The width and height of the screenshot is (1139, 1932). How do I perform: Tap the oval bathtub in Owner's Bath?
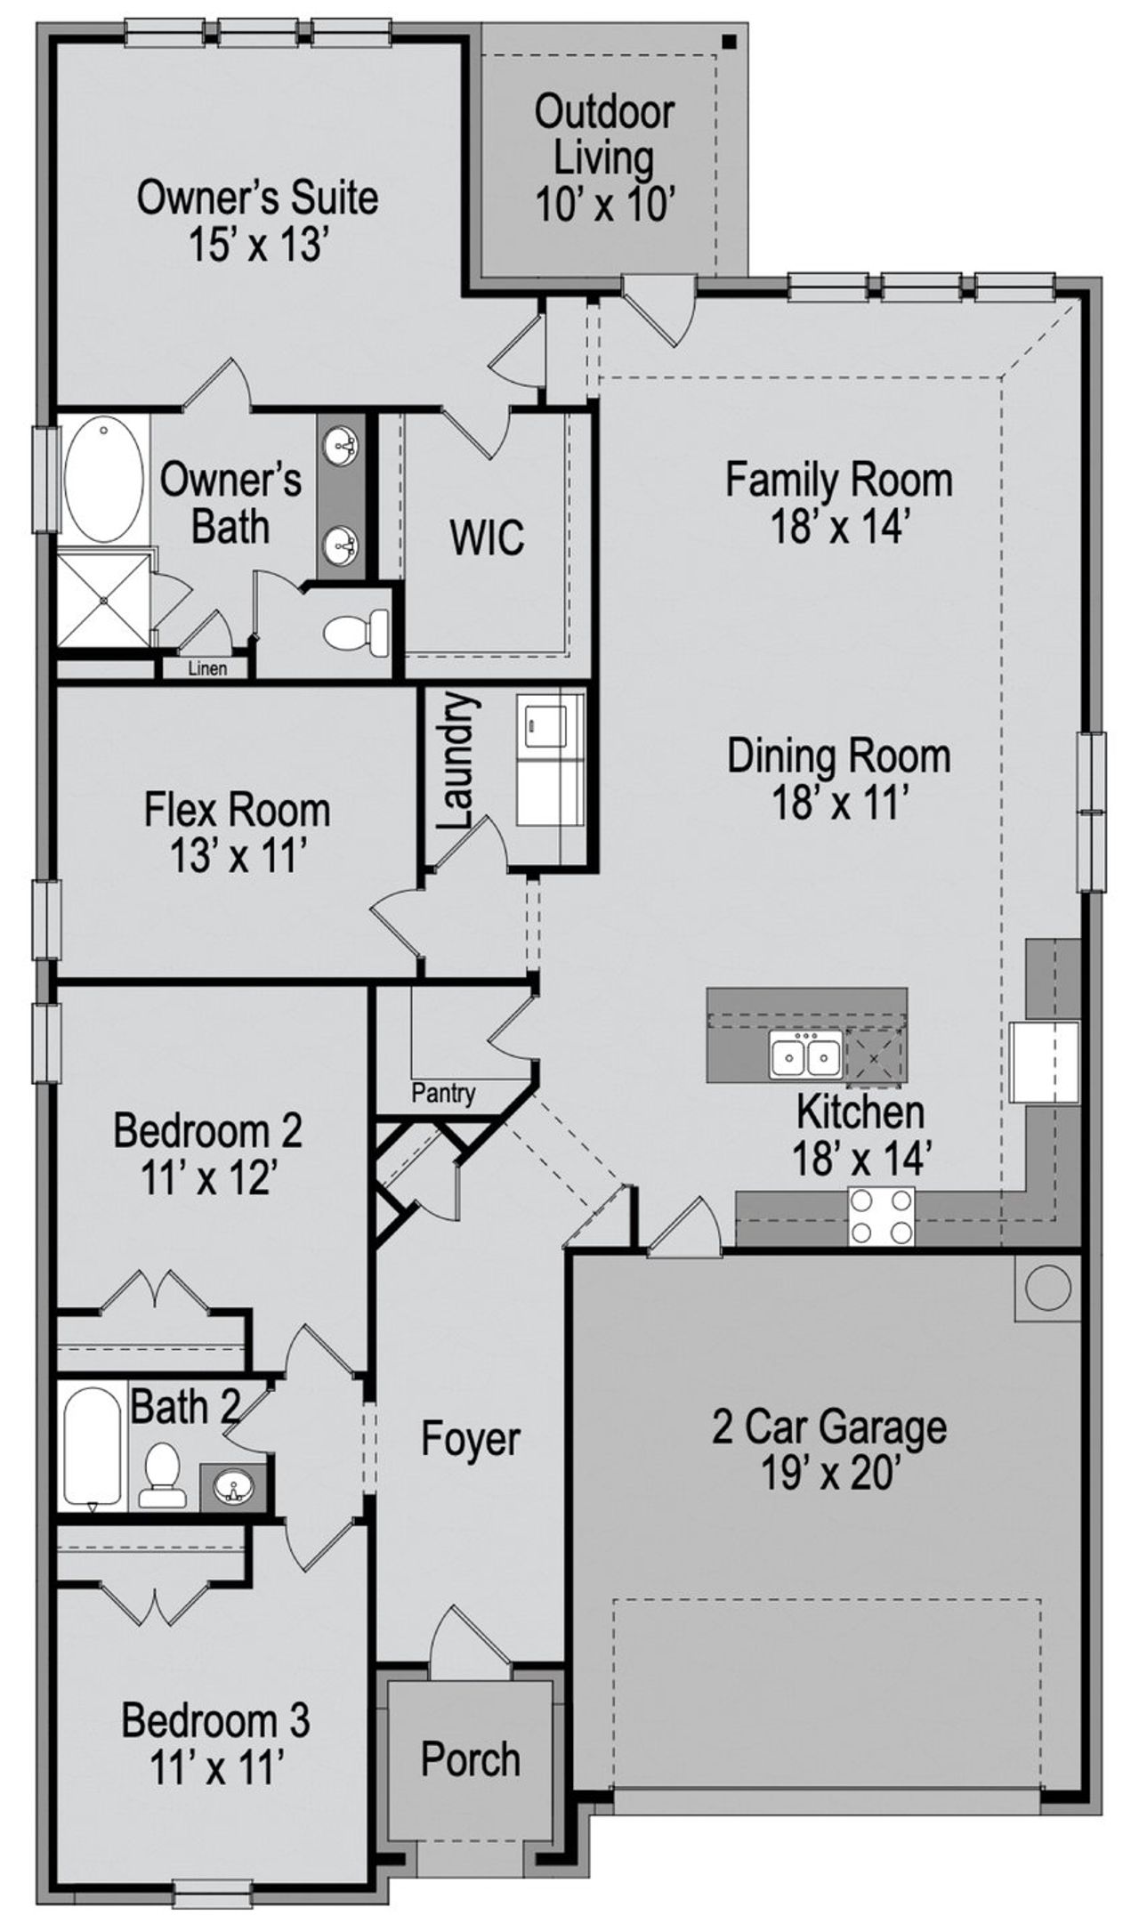tap(103, 480)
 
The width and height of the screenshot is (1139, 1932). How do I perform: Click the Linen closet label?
tap(206, 668)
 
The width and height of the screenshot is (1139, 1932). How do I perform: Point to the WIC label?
tap(486, 538)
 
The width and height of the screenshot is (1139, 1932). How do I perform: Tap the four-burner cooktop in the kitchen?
tap(881, 1217)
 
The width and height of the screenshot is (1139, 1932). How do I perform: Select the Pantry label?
tap(442, 1094)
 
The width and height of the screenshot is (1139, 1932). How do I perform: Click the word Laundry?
tap(456, 763)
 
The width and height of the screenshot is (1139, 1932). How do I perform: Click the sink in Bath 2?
tap(234, 1485)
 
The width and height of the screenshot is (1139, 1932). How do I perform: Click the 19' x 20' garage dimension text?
tap(828, 1475)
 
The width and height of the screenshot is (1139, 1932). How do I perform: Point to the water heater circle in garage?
tap(1047, 1287)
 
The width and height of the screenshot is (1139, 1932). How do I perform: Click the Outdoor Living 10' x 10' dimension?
tap(602, 206)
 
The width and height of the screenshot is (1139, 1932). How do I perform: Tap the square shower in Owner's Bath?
tap(103, 600)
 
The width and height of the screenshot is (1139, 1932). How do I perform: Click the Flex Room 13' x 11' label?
tap(237, 833)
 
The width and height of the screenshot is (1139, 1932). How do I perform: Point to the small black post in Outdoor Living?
tap(728, 41)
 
